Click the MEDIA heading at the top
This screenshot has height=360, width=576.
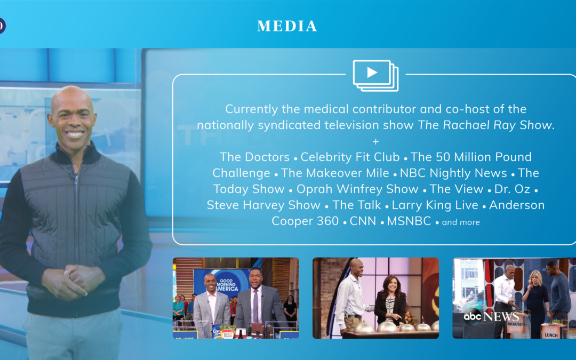(x=287, y=26)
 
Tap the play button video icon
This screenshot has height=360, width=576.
(x=375, y=75)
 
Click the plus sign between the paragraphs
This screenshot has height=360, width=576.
(x=375, y=141)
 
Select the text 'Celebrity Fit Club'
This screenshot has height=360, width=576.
(x=350, y=157)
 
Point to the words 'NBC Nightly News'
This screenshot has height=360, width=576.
(x=453, y=173)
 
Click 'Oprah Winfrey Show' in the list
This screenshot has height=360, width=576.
(x=357, y=189)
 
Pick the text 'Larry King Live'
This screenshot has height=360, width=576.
(x=435, y=205)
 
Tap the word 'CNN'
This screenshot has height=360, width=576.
(x=363, y=221)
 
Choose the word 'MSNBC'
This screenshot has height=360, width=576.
(x=409, y=221)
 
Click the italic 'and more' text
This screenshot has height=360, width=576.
(x=461, y=222)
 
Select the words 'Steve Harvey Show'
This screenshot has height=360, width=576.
(x=263, y=205)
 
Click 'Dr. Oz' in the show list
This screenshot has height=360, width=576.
(x=512, y=189)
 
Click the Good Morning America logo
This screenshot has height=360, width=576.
(x=226, y=284)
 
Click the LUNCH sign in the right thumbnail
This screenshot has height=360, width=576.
(x=551, y=334)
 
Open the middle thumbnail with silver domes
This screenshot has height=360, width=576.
(x=375, y=298)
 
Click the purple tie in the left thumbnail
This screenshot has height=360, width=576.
(x=255, y=306)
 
